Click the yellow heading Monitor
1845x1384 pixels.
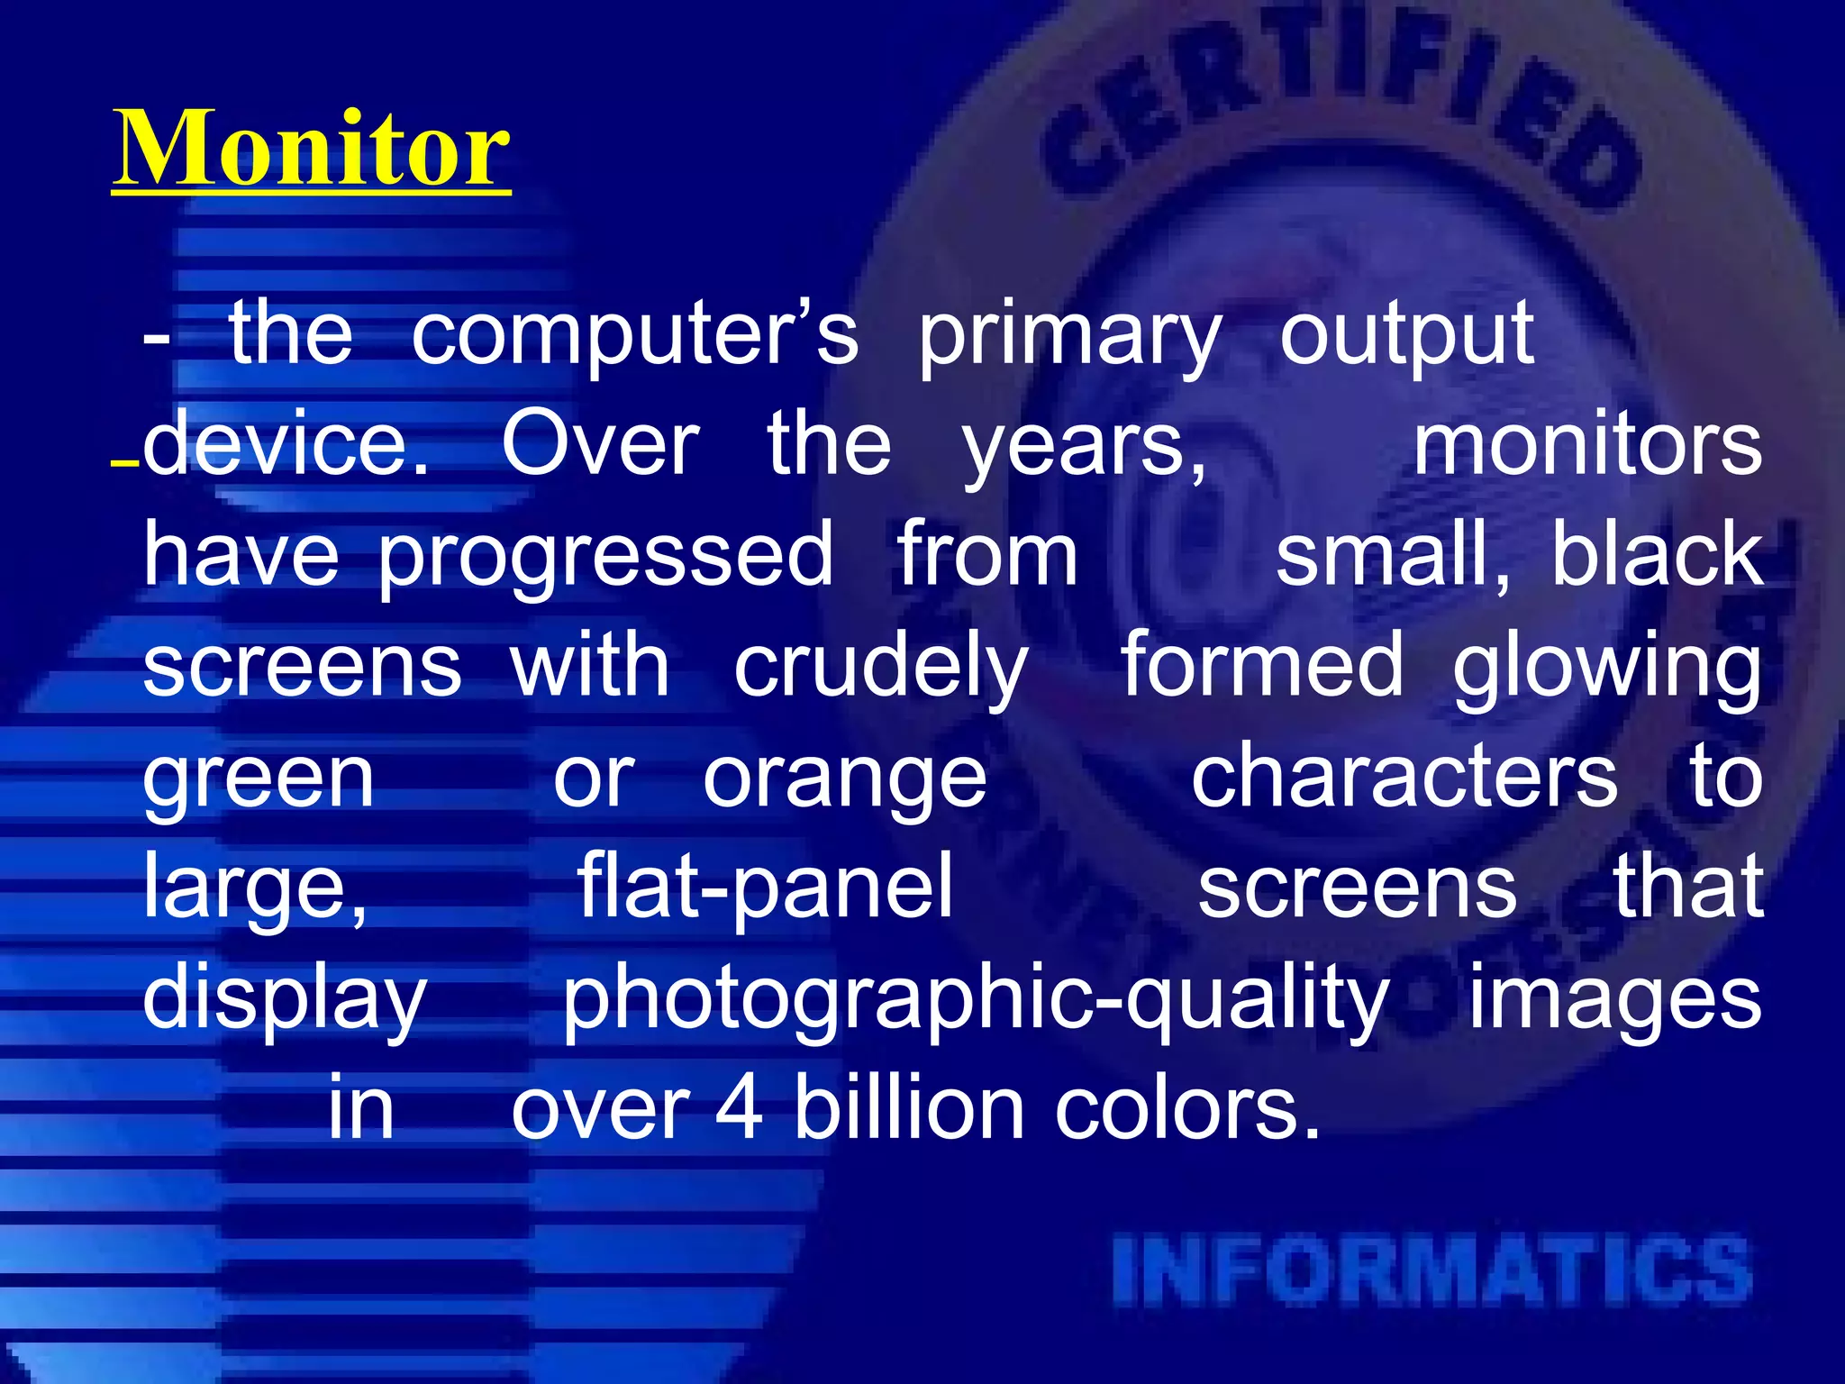tap(311, 149)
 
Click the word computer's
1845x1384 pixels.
tap(634, 335)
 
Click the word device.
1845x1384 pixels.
tap(286, 443)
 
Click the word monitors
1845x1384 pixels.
tap(1586, 445)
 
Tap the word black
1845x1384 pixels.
tap(1656, 555)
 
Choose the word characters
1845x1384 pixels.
tap(1404, 778)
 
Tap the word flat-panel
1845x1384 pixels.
tap(764, 888)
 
